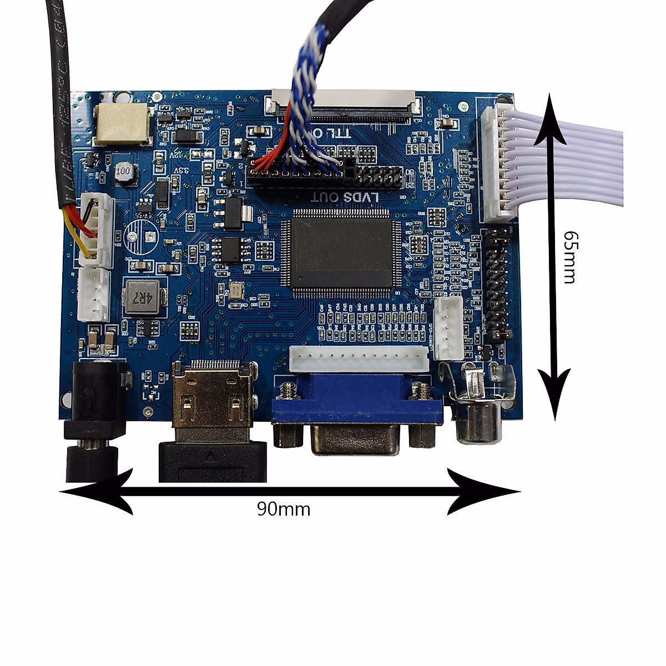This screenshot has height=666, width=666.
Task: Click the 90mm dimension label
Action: [x=283, y=509]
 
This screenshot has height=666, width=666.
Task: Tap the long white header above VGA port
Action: [x=358, y=361]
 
